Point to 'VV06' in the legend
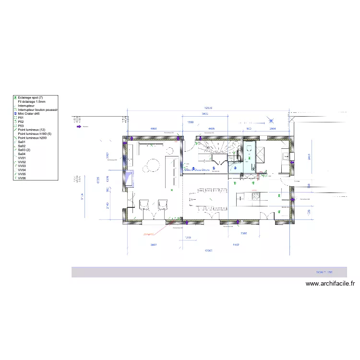click(22, 178)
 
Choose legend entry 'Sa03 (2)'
click(24, 150)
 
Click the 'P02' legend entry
click(21, 122)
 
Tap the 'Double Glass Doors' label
click(197, 169)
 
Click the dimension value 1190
click(190, 123)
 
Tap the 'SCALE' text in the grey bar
click(321, 272)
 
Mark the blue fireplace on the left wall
click(130, 179)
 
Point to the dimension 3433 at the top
click(204, 114)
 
